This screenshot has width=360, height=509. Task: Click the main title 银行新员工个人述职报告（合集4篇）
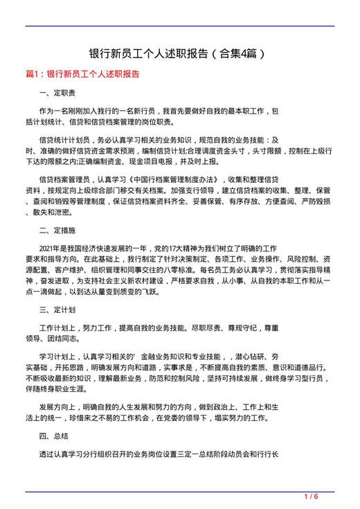(x=179, y=53)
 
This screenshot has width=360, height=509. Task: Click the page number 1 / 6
(x=311, y=497)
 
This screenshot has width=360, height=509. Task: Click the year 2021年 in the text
(x=50, y=247)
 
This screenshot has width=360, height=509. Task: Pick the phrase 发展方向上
(x=60, y=407)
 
